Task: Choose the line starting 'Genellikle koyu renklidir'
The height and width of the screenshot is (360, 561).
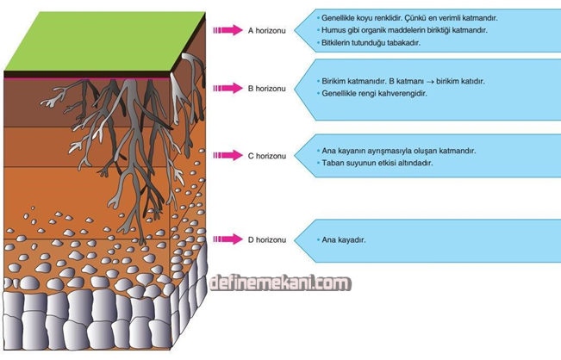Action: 408,17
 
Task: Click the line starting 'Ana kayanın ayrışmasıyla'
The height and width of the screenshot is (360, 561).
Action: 397,151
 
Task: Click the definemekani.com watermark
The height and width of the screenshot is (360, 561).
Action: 279,283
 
